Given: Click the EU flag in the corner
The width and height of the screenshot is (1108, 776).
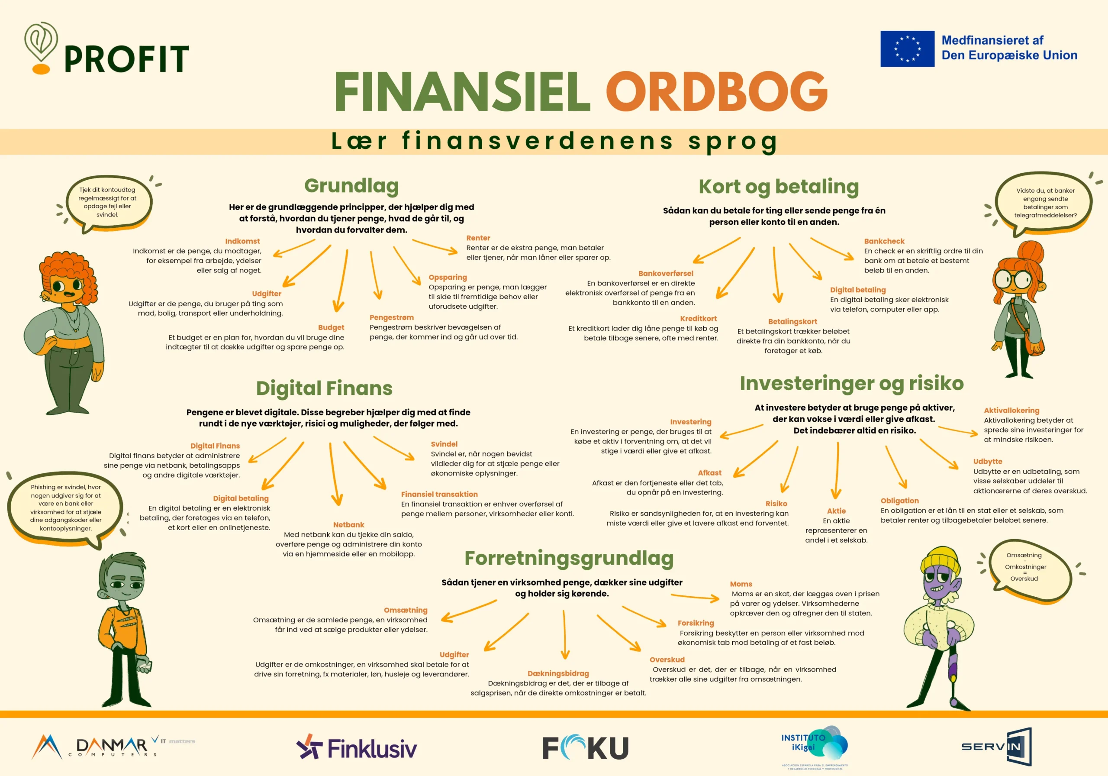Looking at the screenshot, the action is point(907,49).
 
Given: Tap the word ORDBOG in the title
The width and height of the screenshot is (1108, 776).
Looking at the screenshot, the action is point(717,91).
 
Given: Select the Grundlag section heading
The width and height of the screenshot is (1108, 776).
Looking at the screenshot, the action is point(351,186).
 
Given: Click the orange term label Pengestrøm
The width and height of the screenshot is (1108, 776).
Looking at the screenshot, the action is point(391,317).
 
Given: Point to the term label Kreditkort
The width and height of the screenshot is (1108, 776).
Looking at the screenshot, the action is point(698,319).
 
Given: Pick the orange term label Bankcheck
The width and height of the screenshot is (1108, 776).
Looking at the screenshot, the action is point(884,241).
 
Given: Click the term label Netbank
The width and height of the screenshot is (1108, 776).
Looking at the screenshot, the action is point(348,524).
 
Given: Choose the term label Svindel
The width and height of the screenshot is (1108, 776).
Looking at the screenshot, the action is point(444,444).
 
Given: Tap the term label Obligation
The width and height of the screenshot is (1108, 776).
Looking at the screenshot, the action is point(899,501).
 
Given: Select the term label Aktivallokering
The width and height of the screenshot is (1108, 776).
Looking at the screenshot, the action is point(1011,411).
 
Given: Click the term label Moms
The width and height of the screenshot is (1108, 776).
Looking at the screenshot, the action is point(741,584).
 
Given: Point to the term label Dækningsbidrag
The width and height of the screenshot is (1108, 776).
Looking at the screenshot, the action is point(558,674).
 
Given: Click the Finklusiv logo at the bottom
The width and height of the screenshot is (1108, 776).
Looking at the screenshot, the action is point(357,747).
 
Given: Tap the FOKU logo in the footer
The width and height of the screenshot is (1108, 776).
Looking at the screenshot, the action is point(585,747).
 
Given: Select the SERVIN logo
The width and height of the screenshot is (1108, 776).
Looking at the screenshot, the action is point(996,747).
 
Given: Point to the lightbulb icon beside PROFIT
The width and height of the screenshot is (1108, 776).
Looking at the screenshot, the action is point(41,47).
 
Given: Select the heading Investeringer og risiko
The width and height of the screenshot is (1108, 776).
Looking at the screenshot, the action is point(852,383).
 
